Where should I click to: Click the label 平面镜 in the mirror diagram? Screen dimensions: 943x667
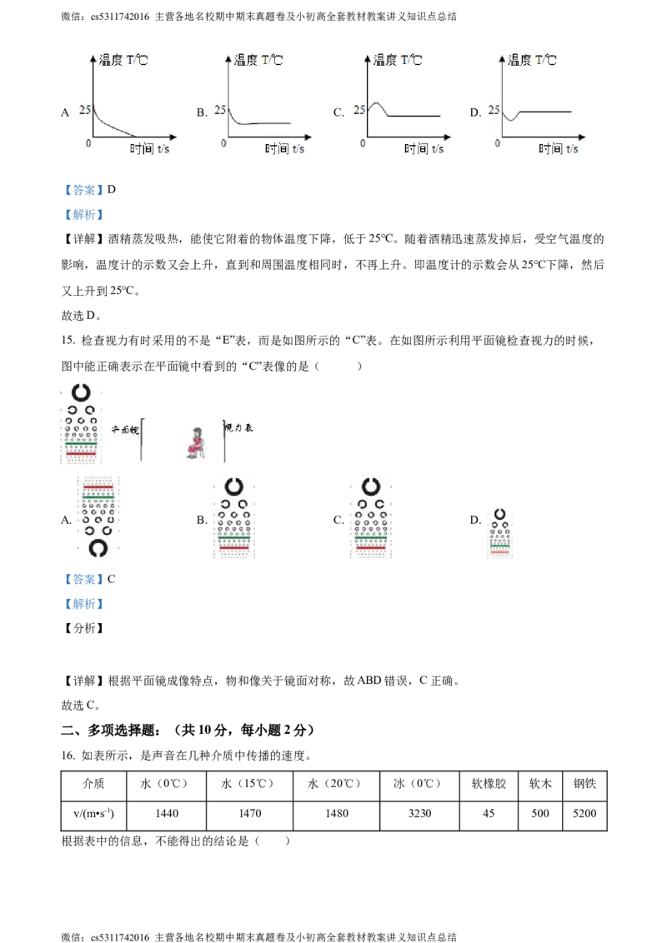click(125, 429)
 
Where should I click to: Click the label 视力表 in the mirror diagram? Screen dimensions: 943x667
click(238, 427)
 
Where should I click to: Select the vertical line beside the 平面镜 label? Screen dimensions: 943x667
click(142, 439)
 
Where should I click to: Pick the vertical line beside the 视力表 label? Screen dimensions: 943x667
click(224, 439)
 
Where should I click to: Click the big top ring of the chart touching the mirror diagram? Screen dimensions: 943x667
click(80, 392)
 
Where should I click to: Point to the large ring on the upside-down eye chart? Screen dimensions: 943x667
click(98, 547)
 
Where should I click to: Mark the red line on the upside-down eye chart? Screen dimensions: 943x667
click(98, 486)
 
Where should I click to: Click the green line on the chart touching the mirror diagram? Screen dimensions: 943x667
click(80, 447)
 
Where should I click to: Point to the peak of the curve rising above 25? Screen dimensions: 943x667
click(376, 103)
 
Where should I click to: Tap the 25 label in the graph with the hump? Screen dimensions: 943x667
click(359, 109)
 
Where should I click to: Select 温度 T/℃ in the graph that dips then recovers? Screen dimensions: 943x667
click(532, 60)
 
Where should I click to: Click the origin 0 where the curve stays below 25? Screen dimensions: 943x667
click(223, 143)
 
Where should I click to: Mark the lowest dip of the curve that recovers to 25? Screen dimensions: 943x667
click(511, 121)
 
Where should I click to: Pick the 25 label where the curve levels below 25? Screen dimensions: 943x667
click(220, 109)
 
